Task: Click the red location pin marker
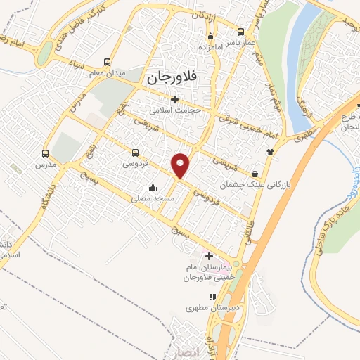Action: point(181,165)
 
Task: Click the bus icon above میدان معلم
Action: point(107,62)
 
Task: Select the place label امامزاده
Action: point(209,47)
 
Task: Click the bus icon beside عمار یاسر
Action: point(241,32)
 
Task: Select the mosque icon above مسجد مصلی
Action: point(153,187)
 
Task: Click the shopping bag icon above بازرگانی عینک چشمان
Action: point(254,173)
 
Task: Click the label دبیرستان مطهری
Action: point(208,307)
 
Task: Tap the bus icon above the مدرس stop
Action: point(46,153)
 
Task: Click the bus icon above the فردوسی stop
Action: point(135,152)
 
